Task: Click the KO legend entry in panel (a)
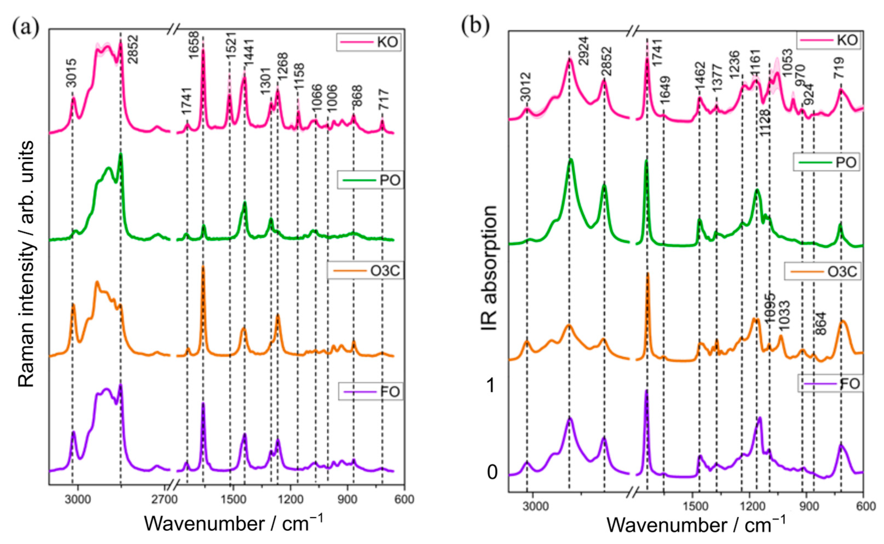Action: tap(368, 42)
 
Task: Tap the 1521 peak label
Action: tap(230, 47)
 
